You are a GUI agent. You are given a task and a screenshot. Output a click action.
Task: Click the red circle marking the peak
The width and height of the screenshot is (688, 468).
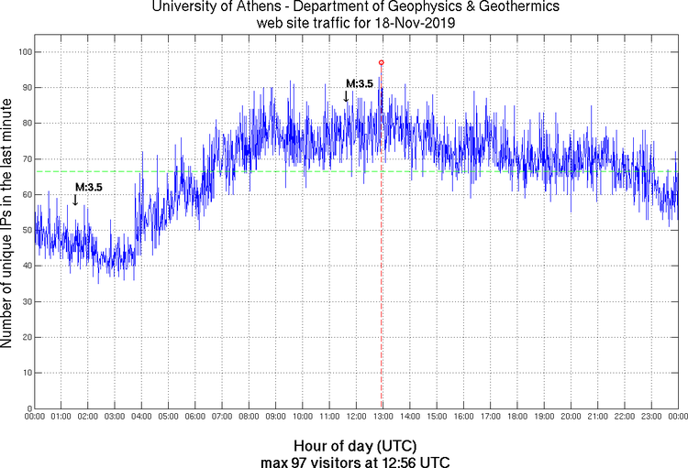tap(382, 62)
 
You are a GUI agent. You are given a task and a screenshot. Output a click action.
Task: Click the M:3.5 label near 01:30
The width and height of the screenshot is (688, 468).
tap(89, 187)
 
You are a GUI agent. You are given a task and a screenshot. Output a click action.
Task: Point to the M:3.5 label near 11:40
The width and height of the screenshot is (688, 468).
tap(360, 84)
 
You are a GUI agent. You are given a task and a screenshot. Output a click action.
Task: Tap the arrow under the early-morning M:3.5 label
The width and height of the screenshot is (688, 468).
tap(75, 200)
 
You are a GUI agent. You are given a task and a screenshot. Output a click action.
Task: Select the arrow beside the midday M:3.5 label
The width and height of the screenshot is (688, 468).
tap(346, 96)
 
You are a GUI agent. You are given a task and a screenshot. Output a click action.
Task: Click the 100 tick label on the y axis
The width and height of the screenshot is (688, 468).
tap(23, 52)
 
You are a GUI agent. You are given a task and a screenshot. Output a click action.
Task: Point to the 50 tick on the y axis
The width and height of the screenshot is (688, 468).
tap(25, 230)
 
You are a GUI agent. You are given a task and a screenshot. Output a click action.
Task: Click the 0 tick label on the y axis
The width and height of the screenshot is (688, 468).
tap(28, 408)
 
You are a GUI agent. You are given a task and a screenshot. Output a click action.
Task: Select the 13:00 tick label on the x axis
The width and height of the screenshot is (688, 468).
tap(383, 417)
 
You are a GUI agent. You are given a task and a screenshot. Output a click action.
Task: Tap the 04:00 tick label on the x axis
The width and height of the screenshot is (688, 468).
tap(141, 417)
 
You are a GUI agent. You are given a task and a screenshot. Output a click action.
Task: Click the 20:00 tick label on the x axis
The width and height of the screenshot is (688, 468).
tap(571, 417)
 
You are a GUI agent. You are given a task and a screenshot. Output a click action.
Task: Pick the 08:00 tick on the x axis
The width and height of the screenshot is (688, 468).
tap(249, 417)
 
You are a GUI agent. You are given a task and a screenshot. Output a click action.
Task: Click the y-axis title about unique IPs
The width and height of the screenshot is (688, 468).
tap(7, 225)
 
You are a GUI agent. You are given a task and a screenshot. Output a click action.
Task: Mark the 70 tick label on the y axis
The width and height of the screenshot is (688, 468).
tap(25, 159)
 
